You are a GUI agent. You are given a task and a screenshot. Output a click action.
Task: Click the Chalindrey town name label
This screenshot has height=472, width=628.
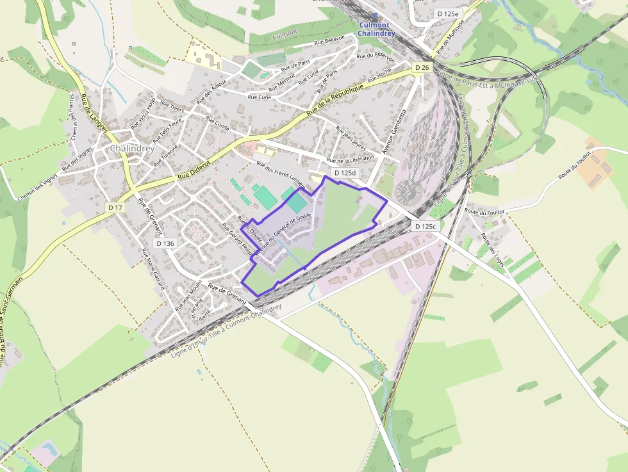click(x=132, y=148)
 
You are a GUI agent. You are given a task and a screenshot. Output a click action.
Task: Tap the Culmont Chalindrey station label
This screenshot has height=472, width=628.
click(x=376, y=29)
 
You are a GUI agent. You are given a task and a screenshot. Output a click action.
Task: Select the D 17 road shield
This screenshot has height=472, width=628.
click(x=115, y=208)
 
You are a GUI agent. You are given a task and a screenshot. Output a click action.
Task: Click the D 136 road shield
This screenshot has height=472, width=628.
click(x=165, y=243)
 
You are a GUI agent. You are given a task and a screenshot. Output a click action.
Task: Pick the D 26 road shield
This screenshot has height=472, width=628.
click(x=421, y=67)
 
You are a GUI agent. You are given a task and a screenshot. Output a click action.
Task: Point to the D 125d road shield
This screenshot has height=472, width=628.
click(x=345, y=173)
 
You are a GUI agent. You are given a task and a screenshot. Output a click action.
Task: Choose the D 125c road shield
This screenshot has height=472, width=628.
click(x=425, y=226)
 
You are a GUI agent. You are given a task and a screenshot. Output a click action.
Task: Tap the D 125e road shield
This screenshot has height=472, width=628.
click(x=448, y=13)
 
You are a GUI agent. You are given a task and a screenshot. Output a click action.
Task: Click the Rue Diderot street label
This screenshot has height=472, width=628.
click(x=193, y=172)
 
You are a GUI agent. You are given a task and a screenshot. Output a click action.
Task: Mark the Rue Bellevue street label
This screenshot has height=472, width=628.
click(x=329, y=40)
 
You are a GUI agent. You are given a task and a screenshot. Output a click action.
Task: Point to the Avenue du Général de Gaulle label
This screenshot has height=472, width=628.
click(x=283, y=234)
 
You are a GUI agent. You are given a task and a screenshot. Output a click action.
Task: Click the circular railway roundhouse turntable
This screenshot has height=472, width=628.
click(x=408, y=190)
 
